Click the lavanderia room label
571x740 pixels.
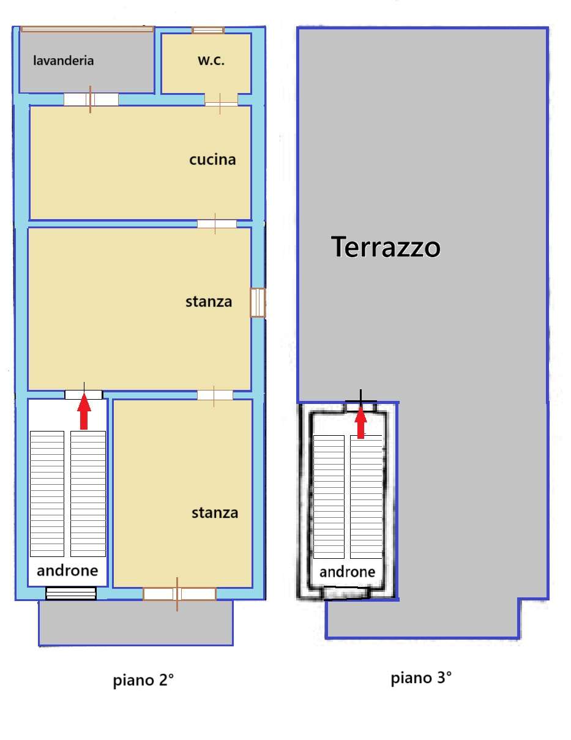[x=64, y=61]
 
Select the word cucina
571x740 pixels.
[x=212, y=160]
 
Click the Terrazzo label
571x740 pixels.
[x=386, y=248]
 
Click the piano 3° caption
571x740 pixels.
[x=422, y=678]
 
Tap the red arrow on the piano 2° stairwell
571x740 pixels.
[x=84, y=412]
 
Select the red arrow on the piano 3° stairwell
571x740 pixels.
[x=360, y=422]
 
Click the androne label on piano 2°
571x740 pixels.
[x=67, y=571]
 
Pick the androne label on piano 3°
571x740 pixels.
[x=348, y=572]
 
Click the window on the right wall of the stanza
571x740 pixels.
[x=258, y=303]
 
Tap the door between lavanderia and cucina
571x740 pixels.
[x=91, y=99]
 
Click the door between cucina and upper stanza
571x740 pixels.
[x=216, y=224]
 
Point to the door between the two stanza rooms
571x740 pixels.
[x=214, y=395]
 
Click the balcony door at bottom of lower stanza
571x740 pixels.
[x=179, y=594]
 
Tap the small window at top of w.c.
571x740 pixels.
[x=207, y=30]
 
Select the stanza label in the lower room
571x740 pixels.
[x=214, y=513]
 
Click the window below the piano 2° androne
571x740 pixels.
[x=71, y=593]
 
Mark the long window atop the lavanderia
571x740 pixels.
[x=86, y=28]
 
